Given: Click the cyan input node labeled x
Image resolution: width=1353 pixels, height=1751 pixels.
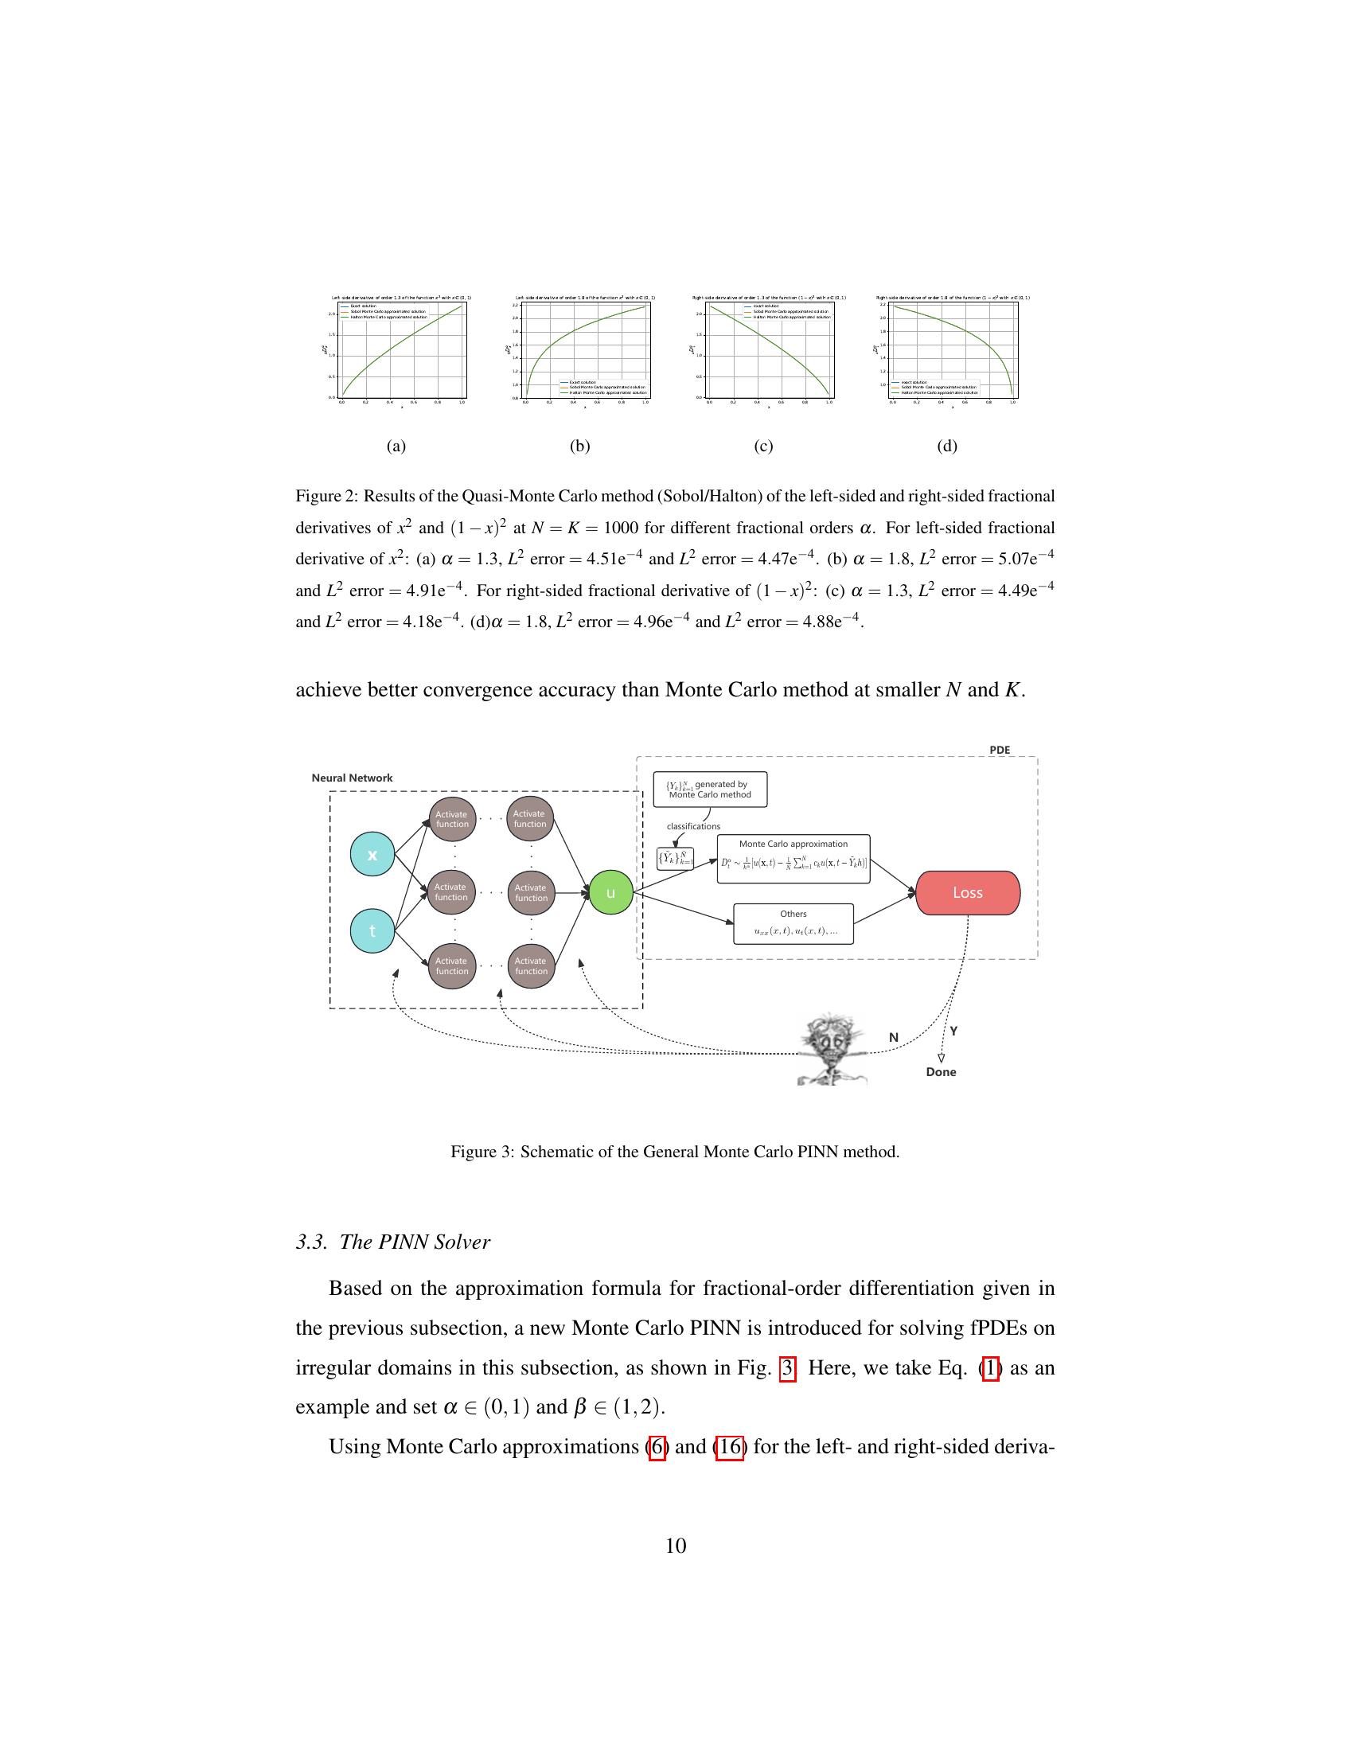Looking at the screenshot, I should click(372, 855).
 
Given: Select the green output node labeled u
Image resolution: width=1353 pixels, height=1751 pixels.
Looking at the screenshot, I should click(610, 892).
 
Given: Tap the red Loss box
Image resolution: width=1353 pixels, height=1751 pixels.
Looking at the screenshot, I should click(968, 892).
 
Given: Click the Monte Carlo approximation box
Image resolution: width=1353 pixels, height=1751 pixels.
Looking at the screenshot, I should click(793, 859).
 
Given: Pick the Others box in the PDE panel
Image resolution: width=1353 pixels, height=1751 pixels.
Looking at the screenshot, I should click(793, 923).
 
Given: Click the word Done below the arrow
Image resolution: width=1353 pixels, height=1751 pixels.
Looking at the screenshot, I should click(940, 1072).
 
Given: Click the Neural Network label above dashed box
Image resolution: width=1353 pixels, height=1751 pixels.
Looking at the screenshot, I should click(352, 778).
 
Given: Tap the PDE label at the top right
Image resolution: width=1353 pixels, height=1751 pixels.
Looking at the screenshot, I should click(1000, 750).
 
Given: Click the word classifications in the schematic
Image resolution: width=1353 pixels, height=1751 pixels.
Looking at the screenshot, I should click(693, 826).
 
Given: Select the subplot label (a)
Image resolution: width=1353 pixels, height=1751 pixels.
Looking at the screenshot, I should click(396, 446).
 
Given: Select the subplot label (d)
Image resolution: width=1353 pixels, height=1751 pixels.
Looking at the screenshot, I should click(946, 446).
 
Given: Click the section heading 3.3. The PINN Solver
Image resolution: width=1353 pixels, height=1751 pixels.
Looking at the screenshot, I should click(392, 1242).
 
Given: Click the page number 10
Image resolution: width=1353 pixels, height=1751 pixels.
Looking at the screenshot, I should click(676, 1546).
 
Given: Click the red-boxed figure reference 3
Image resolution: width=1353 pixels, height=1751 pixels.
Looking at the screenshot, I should click(787, 1369).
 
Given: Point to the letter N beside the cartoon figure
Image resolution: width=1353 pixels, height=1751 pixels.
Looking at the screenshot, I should click(894, 1037).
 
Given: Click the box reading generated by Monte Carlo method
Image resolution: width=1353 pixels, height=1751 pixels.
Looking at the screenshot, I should click(710, 790).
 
